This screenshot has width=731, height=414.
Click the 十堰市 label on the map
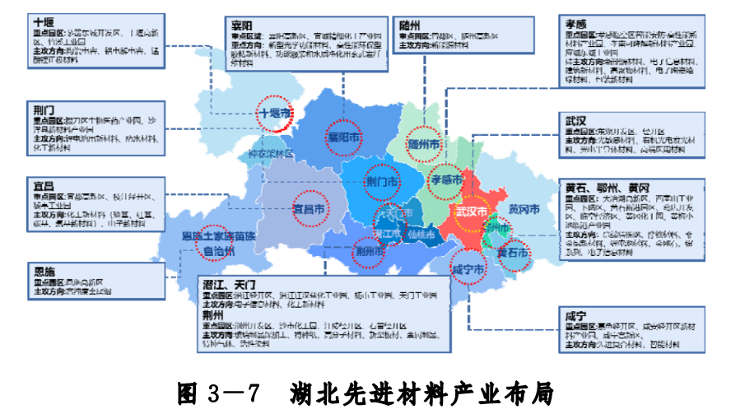[275, 113]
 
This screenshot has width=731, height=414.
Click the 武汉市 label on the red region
[471, 211]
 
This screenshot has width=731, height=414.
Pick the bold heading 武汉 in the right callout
[575, 121]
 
